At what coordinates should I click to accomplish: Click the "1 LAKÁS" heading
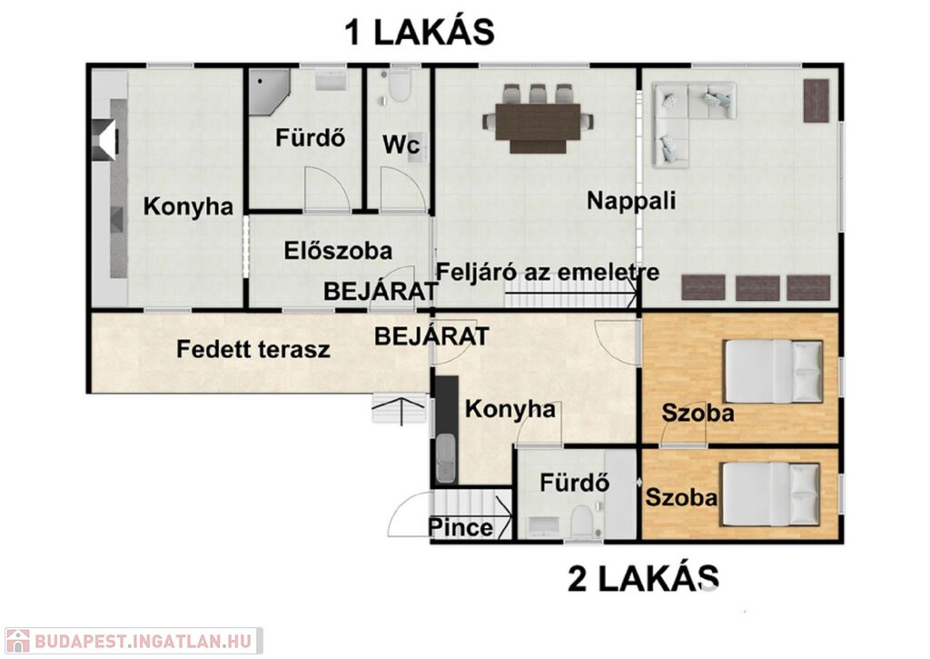click(420, 32)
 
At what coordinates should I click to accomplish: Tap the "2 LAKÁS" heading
click(644, 578)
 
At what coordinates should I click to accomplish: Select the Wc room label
click(401, 145)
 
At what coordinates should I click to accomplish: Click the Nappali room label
click(631, 201)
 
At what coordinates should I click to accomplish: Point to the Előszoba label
click(338, 250)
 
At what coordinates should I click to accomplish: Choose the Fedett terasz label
click(253, 349)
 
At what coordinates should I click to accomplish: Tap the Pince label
click(460, 527)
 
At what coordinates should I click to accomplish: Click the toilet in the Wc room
click(400, 85)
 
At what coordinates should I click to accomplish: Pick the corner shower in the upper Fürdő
click(268, 92)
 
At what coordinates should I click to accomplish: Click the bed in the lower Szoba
click(771, 494)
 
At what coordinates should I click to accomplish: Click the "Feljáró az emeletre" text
click(548, 272)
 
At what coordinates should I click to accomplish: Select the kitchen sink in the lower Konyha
click(446, 458)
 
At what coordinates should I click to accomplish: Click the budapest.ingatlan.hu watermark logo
click(133, 641)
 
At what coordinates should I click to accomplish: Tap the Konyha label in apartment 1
click(188, 206)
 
